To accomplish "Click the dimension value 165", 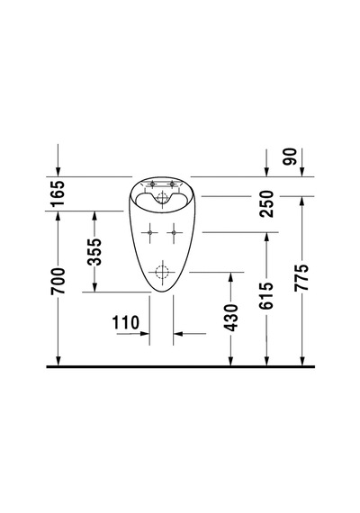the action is [58, 193].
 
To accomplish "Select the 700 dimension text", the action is [58, 281].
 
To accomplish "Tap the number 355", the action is [94, 252].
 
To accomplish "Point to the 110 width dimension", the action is [125, 322].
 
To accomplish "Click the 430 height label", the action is [231, 318].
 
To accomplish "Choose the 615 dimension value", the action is [265, 296].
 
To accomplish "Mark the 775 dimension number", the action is [301, 277].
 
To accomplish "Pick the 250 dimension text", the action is [266, 203].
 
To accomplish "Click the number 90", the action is [291, 157].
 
